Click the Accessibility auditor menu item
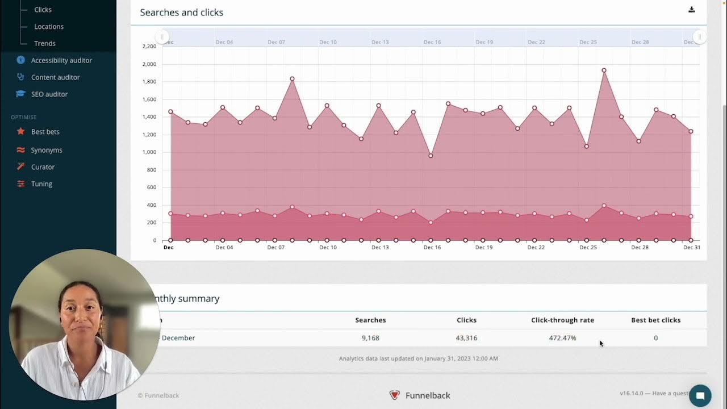[x=61, y=60]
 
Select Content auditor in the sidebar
[x=55, y=77]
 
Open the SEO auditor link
[x=49, y=94]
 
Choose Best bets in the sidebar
[x=45, y=132]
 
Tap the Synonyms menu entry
[x=47, y=150]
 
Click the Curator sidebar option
[x=43, y=167]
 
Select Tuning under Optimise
[x=41, y=184]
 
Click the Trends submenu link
[x=44, y=43]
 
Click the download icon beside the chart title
[x=691, y=10]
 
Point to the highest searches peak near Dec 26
[x=604, y=70]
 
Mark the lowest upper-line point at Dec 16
[x=431, y=156]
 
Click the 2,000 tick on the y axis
[x=149, y=64]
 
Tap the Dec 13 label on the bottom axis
[x=380, y=248]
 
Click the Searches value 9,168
[x=370, y=338]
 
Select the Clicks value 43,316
[x=466, y=338]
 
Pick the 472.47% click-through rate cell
[x=562, y=338]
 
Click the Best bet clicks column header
[x=655, y=320]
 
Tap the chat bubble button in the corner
[x=700, y=395]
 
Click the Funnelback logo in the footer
[x=395, y=395]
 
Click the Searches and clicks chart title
[x=182, y=12]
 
